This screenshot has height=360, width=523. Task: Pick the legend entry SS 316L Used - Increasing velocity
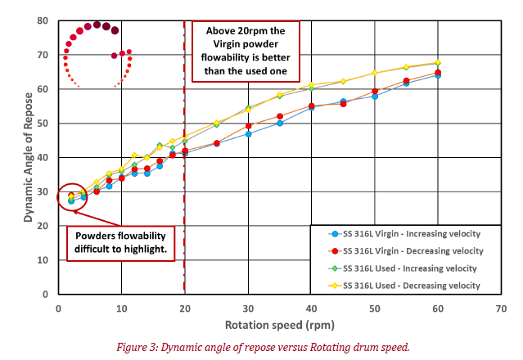pyautogui.click(x=409, y=268)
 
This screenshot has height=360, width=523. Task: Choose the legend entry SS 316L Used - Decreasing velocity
pyautogui.click(x=409, y=285)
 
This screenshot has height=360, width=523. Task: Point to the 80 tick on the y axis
pyautogui.click(x=42, y=20)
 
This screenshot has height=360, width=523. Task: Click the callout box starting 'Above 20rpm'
pyautogui.click(x=246, y=48)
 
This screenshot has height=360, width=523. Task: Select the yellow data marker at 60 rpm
pyautogui.click(x=438, y=63)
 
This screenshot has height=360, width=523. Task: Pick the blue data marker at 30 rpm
pyautogui.click(x=248, y=133)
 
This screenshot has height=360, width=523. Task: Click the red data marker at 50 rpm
pyautogui.click(x=375, y=92)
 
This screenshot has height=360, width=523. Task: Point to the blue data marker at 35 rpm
pyautogui.click(x=280, y=123)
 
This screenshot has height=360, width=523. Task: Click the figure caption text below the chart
pyautogui.click(x=261, y=346)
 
